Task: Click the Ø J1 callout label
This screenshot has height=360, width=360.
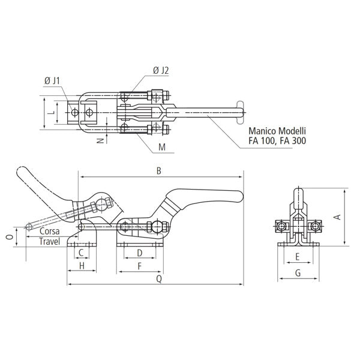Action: pyautogui.click(x=52, y=81)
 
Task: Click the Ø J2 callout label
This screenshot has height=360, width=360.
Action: pyautogui.click(x=161, y=70)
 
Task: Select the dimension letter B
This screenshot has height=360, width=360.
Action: pyautogui.click(x=158, y=171)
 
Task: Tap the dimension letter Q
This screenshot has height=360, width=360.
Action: pyautogui.click(x=159, y=279)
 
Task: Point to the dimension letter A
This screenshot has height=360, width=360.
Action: pyautogui.click(x=338, y=217)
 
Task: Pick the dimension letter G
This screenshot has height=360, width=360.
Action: pyautogui.click(x=298, y=273)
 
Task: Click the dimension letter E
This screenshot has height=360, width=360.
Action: pyautogui.click(x=298, y=257)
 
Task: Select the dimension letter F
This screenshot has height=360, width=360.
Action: pyautogui.click(x=140, y=266)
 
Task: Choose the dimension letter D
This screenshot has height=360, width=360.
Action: pyautogui.click(x=140, y=253)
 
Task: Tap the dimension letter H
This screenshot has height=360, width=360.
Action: pyautogui.click(x=82, y=266)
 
